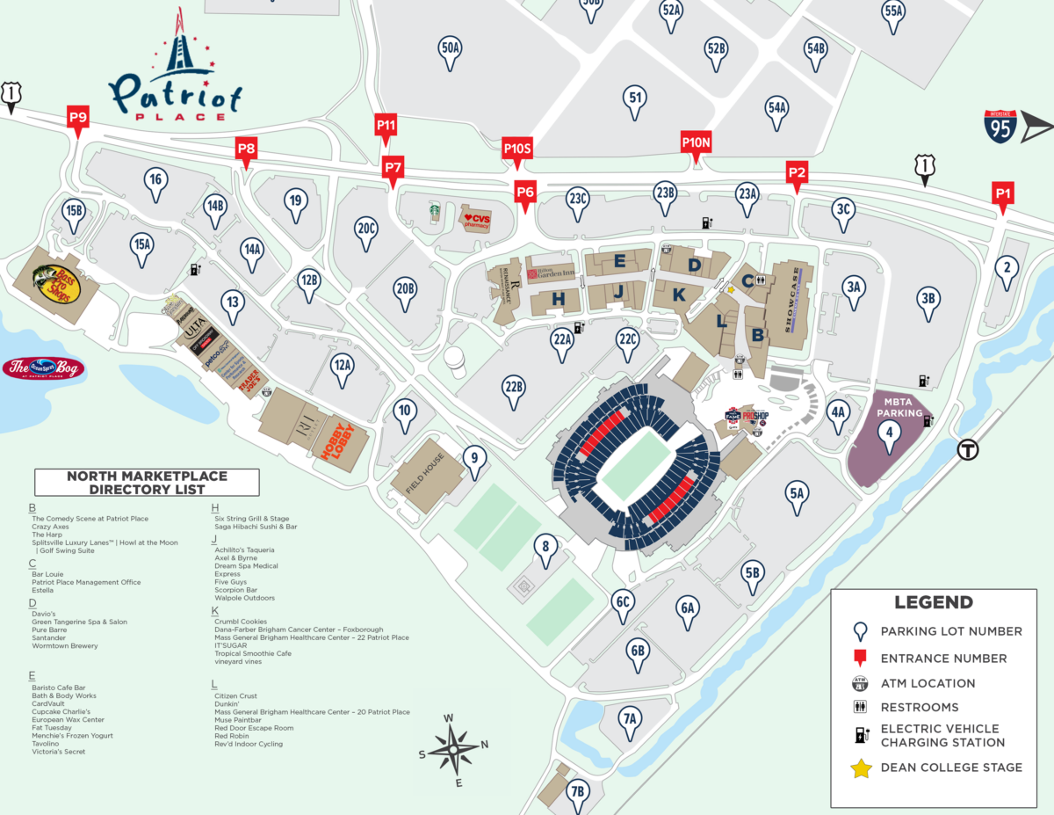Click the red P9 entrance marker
click(78, 118)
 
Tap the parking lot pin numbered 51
click(635, 100)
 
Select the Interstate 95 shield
click(1000, 127)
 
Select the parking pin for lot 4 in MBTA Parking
click(890, 433)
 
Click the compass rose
click(453, 750)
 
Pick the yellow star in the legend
click(861, 768)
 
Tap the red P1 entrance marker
click(1003, 194)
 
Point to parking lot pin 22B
click(514, 389)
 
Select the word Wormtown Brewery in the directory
click(65, 646)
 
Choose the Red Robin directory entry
click(232, 736)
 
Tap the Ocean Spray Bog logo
click(43, 368)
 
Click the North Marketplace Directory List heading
click(147, 483)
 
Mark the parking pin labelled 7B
click(577, 790)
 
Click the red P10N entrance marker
click(696, 143)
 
